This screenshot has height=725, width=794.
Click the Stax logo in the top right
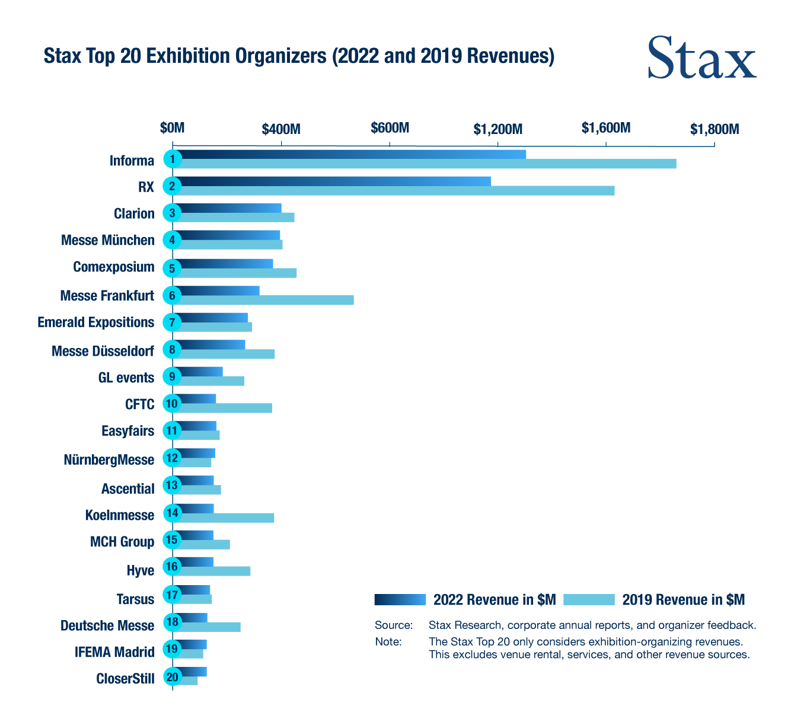(x=701, y=58)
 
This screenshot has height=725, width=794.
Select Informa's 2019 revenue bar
(x=427, y=164)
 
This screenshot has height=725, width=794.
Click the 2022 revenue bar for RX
(x=335, y=181)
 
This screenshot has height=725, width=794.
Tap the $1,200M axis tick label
(x=498, y=129)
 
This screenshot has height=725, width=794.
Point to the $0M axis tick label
(x=173, y=128)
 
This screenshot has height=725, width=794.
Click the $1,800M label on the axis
(x=714, y=129)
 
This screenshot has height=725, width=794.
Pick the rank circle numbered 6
(x=172, y=295)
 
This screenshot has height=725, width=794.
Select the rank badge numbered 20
(x=172, y=678)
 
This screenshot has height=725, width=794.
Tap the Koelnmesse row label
(x=120, y=515)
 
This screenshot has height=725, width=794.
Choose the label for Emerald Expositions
(x=95, y=322)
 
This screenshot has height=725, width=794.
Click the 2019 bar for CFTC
(x=225, y=408)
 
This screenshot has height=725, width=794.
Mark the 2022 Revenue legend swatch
(x=400, y=600)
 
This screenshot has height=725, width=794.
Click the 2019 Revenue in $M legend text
(x=683, y=600)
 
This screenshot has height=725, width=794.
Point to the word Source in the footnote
(x=393, y=625)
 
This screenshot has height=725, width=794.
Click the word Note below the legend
(x=388, y=641)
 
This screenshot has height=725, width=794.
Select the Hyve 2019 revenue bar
(x=215, y=571)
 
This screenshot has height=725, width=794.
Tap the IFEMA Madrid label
(x=114, y=652)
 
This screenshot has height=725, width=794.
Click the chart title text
(x=299, y=56)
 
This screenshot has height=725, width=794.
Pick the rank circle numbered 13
(x=172, y=485)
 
